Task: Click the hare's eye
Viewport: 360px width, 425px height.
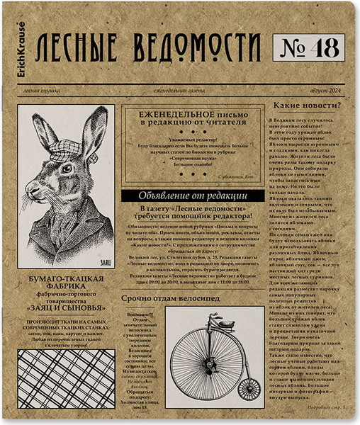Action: (65, 169)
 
